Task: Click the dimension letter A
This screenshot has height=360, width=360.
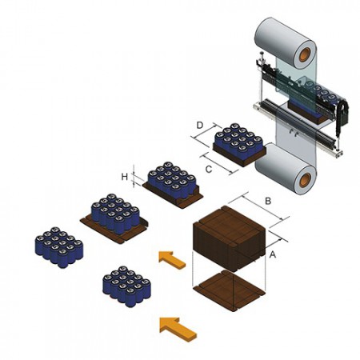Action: [x=272, y=254]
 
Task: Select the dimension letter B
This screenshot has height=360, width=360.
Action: [x=268, y=201]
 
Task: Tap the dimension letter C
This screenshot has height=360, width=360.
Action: [x=209, y=169]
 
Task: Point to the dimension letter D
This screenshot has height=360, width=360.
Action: [x=200, y=125]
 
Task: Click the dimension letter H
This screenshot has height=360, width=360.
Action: [x=125, y=176]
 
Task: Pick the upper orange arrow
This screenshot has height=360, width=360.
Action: [x=172, y=259]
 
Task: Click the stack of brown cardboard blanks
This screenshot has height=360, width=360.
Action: [x=230, y=238]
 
